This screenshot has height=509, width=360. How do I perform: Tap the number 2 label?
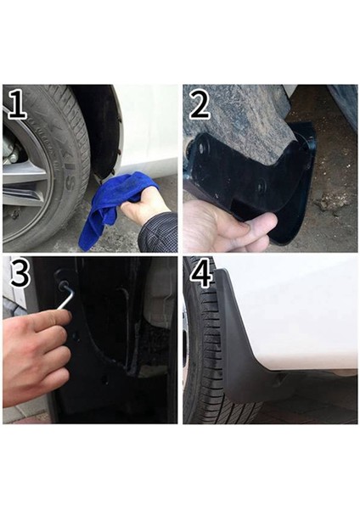[200, 105]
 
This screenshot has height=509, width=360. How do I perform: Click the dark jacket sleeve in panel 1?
[161, 232]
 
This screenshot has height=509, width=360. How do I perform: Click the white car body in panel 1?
[149, 127]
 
